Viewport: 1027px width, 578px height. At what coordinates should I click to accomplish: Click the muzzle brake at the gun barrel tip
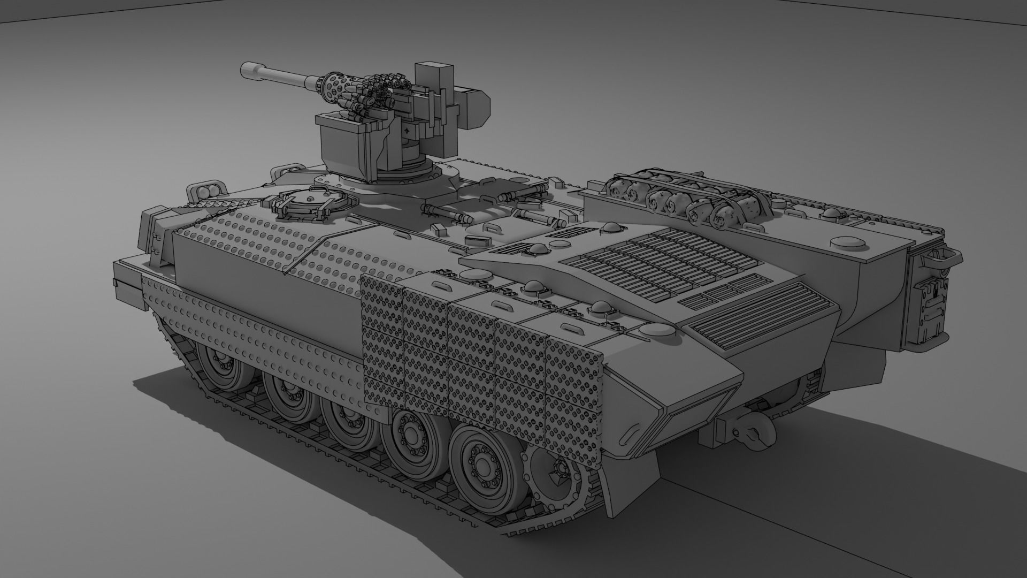point(250,68)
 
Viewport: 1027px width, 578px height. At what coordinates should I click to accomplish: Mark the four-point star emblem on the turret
point(409,131)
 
